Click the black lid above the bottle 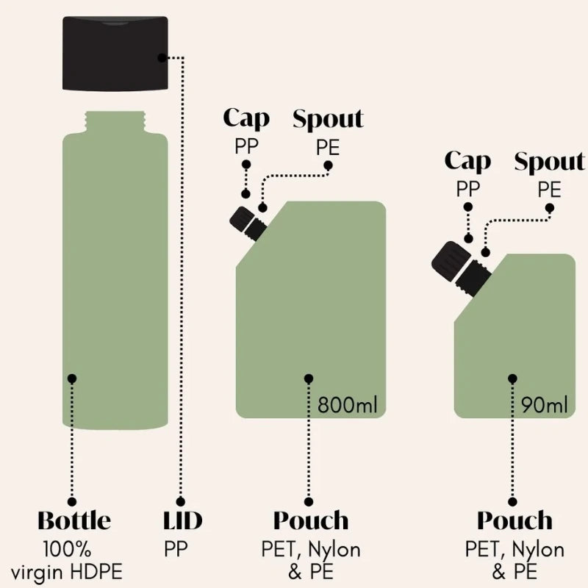coord(115,53)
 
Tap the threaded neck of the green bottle coord(115,121)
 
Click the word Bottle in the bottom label coord(74,520)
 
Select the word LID coord(182,520)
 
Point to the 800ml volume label coord(347,405)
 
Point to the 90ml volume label coord(545,405)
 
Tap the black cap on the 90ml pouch coord(451,260)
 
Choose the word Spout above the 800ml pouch coord(328,118)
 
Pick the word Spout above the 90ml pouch coord(549,161)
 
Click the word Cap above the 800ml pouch coord(246,119)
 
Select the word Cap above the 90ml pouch coord(467,162)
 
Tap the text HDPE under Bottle coord(96,573)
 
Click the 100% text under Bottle coord(67,549)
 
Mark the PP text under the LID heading coord(176,549)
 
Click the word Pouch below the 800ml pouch coord(311,521)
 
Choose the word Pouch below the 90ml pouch coord(515,521)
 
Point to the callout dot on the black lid coord(162,58)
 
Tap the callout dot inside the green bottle coord(72,379)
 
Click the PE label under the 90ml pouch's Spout coord(549,190)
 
